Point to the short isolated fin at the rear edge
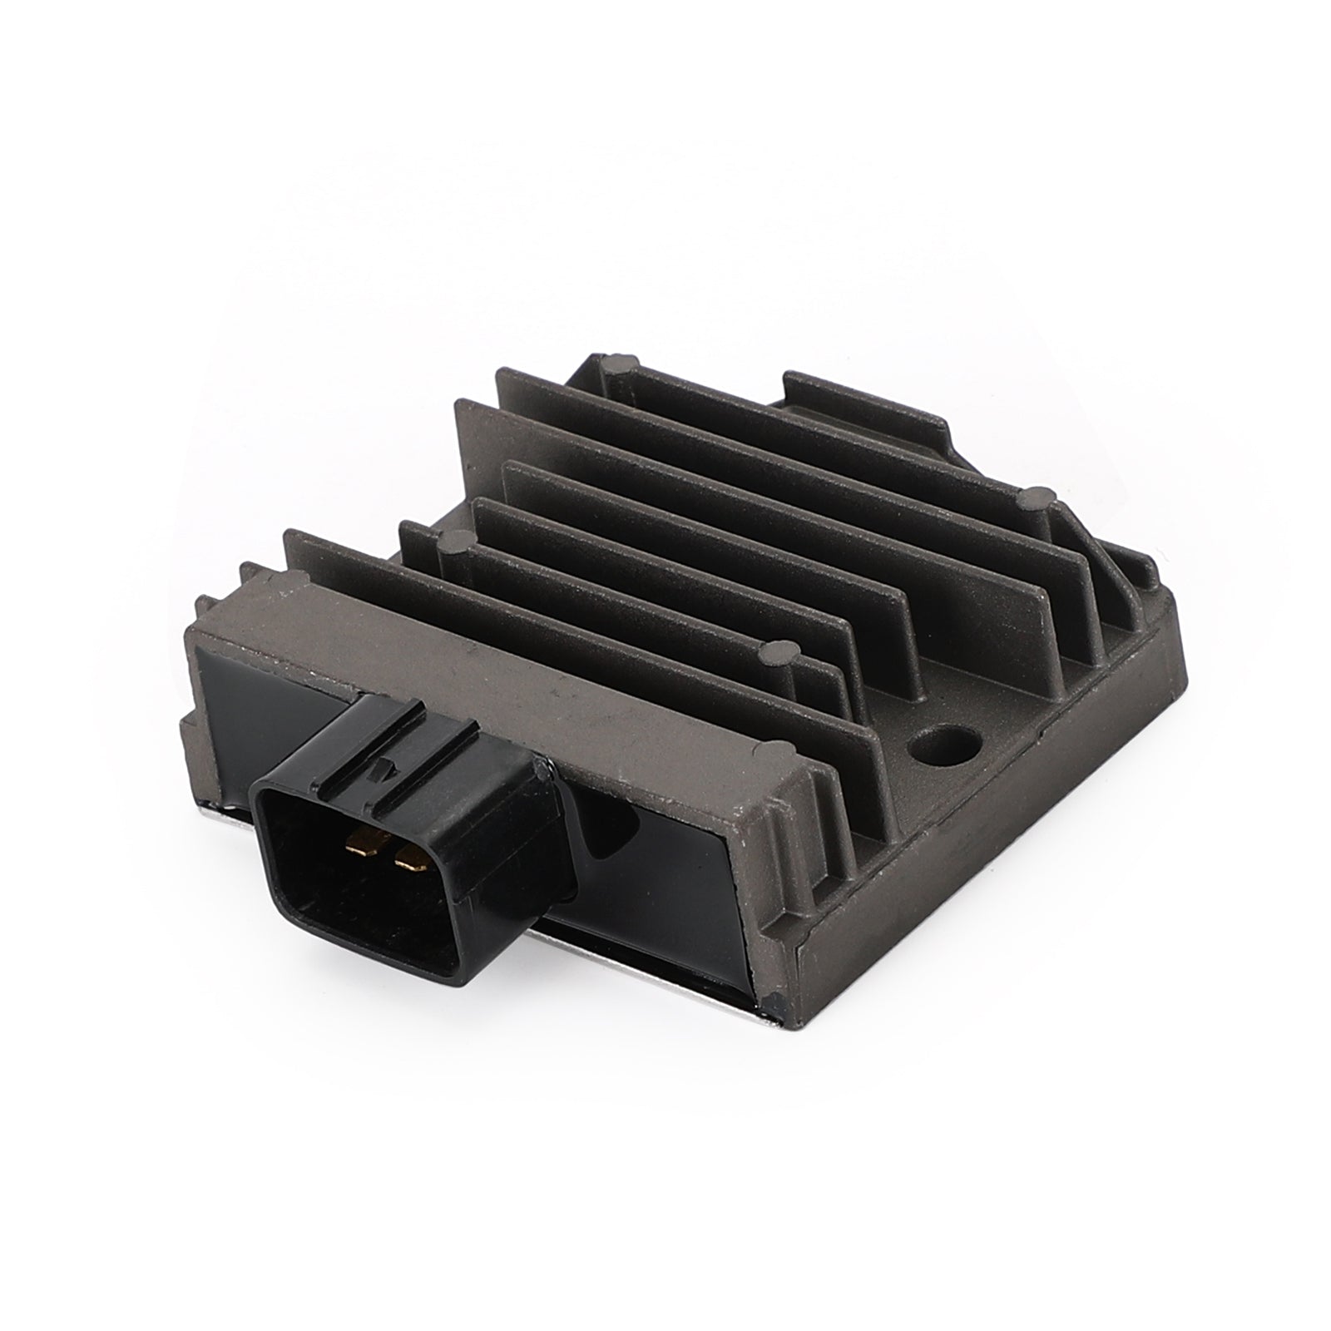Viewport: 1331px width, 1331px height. [865, 403]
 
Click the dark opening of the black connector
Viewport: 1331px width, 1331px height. [366, 882]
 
